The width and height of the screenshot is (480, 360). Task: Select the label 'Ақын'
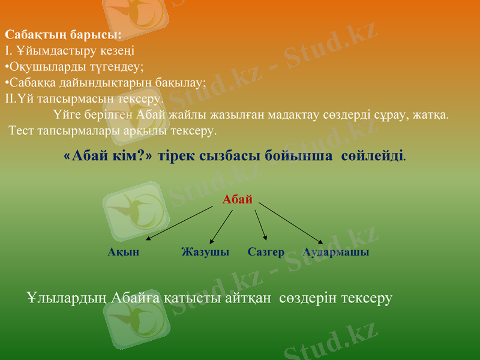124,252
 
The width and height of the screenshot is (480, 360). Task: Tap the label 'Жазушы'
205,252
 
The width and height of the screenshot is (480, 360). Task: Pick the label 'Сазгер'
266,252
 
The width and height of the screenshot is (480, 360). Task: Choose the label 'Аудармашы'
336,252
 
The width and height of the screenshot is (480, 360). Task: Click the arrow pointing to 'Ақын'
180,224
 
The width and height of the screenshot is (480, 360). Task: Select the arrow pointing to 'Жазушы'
221,226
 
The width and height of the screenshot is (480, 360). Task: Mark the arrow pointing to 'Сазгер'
260,226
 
